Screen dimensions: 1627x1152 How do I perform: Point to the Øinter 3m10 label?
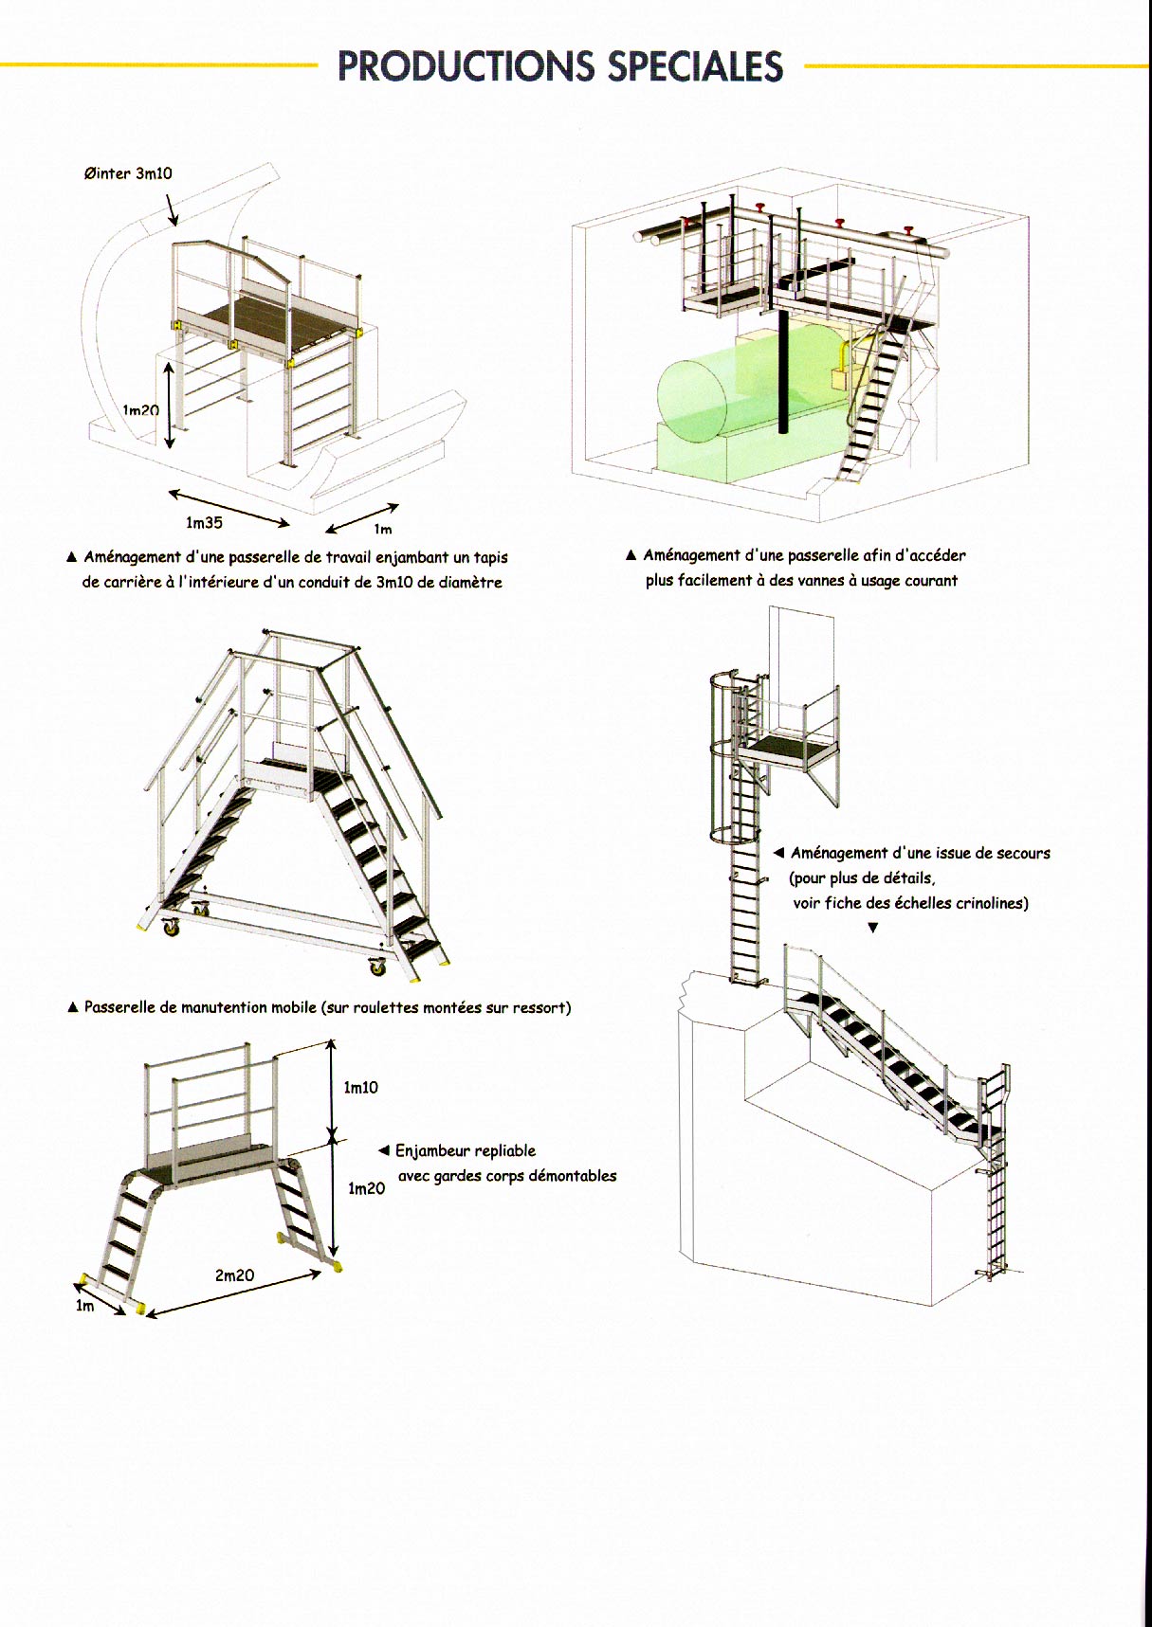click(128, 173)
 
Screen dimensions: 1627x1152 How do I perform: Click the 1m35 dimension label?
click(204, 522)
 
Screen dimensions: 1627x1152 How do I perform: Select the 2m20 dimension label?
click(234, 1275)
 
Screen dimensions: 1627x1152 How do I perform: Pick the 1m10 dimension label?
click(360, 1087)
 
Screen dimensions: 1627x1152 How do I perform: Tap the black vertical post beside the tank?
click(784, 370)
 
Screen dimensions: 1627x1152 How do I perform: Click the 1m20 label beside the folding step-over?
click(366, 1188)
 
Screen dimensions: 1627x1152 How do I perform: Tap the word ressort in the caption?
click(542, 1007)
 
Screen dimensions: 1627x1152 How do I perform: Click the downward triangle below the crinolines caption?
click(873, 929)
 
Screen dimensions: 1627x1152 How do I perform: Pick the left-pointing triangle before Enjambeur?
click(383, 1150)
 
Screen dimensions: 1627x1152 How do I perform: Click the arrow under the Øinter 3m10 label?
click(172, 210)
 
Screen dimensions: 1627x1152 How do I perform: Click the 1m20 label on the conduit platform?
click(140, 410)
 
